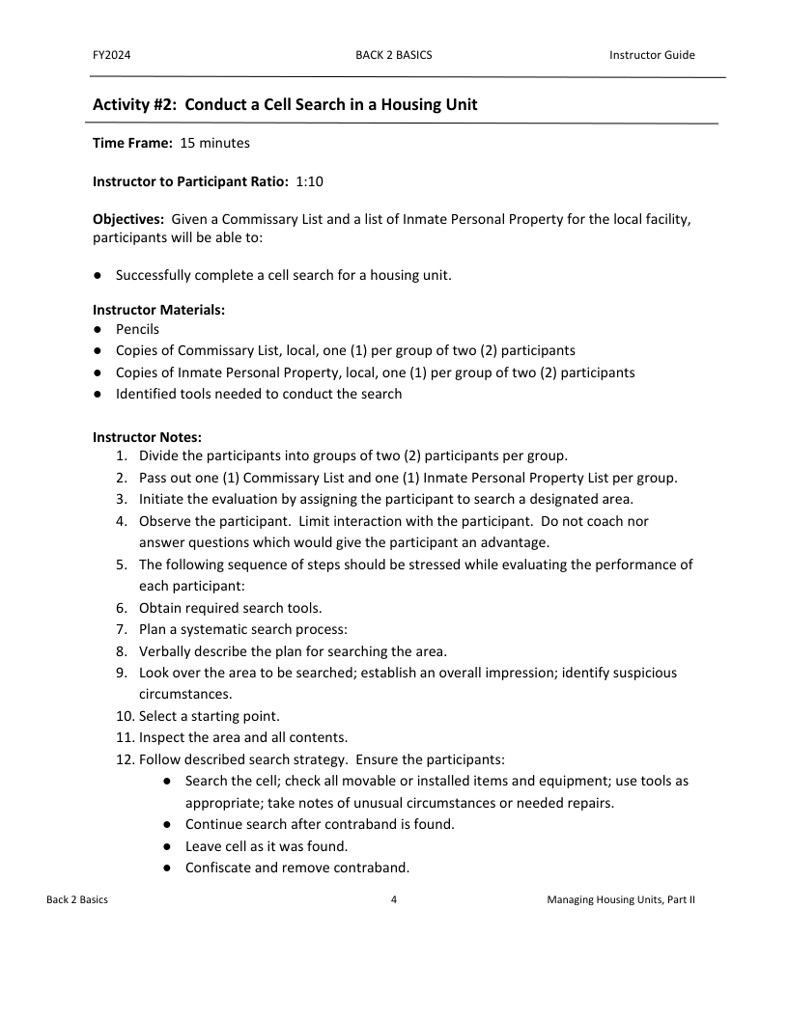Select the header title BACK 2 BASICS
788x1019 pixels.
click(394, 55)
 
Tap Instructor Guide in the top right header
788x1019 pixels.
click(652, 55)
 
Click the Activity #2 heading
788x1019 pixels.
click(285, 104)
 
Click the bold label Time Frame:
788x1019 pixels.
click(132, 143)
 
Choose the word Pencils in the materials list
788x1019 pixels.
click(137, 329)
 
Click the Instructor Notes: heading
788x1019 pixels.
click(147, 437)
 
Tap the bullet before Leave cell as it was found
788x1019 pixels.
click(167, 846)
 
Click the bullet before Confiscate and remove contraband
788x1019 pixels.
click(167, 868)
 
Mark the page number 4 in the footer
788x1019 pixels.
click(394, 899)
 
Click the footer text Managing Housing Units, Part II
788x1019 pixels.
click(620, 899)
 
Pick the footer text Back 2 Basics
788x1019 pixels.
click(77, 899)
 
